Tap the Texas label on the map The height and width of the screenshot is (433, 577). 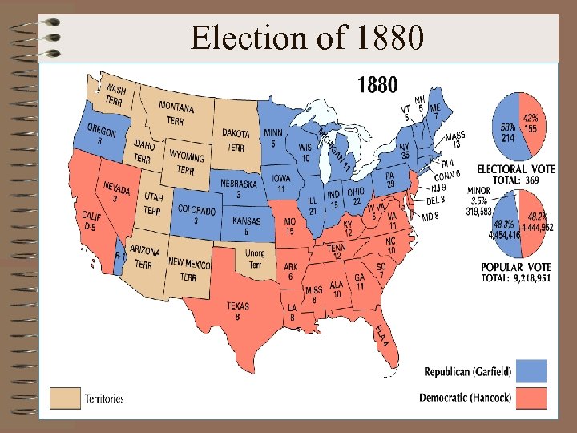click(237, 310)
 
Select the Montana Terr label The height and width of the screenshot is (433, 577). click(176, 113)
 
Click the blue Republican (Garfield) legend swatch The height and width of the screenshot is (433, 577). click(532, 370)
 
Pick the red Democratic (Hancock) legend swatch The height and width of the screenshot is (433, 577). click(532, 397)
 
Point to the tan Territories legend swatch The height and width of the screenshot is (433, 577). click(65, 398)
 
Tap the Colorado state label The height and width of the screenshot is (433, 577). click(196, 214)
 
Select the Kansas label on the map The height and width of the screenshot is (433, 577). click(246, 225)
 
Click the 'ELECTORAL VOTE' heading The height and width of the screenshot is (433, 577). click(515, 169)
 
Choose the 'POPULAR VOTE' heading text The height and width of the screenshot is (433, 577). click(513, 267)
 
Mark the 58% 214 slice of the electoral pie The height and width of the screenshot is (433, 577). click(507, 128)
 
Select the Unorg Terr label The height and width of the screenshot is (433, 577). click(255, 259)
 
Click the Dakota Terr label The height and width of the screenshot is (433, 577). click(236, 140)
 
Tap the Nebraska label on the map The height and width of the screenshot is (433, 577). click(239, 188)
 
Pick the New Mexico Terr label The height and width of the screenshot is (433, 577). click(189, 269)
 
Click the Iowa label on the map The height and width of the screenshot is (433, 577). click(281, 183)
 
